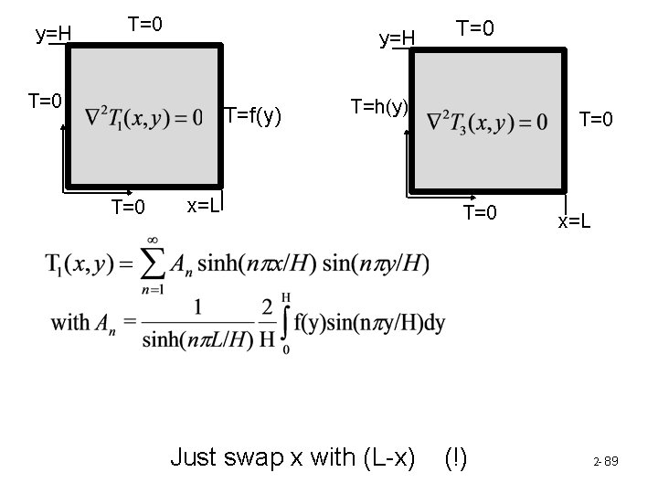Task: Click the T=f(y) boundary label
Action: (253, 116)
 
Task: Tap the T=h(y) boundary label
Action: (379, 106)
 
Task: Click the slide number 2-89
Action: (604, 461)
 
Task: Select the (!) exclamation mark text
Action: (455, 457)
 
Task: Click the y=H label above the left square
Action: (53, 35)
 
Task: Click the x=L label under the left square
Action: (204, 204)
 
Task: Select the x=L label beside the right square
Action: (575, 221)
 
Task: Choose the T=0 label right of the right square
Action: (597, 119)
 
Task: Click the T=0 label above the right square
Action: (476, 29)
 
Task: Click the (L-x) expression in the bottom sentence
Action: (380, 457)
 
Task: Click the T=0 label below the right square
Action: (480, 213)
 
